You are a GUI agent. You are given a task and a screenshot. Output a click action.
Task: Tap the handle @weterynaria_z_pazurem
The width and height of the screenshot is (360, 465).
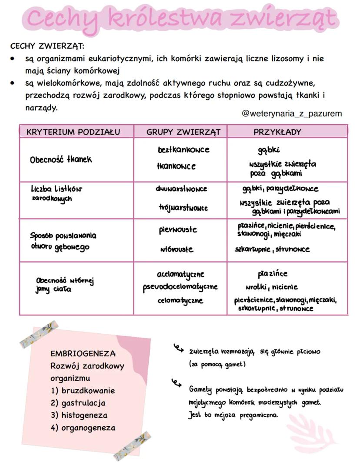(292, 113)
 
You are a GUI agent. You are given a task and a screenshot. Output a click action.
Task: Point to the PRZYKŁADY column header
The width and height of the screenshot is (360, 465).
(277, 132)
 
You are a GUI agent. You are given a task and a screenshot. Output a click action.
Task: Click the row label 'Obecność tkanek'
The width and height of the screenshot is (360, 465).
(61, 159)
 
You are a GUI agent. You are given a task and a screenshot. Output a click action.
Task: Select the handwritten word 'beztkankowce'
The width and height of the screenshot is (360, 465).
(183, 149)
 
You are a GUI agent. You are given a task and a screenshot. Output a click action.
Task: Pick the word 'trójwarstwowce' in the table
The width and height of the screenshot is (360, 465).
(183, 208)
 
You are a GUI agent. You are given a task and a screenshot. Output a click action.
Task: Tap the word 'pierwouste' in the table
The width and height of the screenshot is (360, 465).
(177, 229)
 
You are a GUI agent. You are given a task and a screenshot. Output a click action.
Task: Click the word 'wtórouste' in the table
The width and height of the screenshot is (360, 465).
(177, 249)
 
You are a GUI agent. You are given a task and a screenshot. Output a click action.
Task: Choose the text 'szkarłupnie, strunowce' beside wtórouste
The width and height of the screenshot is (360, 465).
(272, 249)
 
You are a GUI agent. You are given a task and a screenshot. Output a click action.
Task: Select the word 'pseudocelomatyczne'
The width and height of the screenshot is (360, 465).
(180, 287)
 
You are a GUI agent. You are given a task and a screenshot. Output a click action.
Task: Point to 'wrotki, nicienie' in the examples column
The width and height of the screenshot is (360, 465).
(271, 287)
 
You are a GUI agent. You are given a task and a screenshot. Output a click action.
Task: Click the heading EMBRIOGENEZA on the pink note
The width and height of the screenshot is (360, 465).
(83, 353)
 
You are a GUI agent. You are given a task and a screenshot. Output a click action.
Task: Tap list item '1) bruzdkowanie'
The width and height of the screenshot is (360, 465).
(83, 390)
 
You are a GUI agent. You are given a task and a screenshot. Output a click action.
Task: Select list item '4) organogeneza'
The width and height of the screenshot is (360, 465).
(83, 428)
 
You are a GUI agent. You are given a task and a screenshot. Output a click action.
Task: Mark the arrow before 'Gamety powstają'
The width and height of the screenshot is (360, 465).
(176, 383)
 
